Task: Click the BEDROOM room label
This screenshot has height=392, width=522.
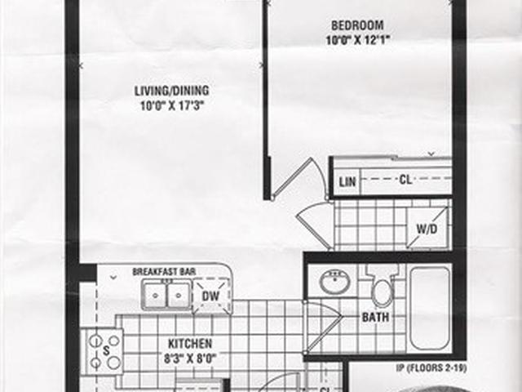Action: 357,25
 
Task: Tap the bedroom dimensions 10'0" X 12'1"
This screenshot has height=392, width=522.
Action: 357,40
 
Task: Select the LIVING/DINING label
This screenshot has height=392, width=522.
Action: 172,91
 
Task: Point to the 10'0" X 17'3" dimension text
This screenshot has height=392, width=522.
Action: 172,106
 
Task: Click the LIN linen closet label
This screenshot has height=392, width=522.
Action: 347,182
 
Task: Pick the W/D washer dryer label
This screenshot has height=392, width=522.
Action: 427,229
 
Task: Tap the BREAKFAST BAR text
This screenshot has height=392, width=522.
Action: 164,272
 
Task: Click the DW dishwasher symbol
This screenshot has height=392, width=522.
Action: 211,296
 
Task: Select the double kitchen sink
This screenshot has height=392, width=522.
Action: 166,295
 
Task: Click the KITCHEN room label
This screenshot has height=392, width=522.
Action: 190,344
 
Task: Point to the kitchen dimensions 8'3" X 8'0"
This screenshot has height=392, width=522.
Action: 190,359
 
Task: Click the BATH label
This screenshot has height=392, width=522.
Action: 375,317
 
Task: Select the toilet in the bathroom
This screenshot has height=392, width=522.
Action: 383,286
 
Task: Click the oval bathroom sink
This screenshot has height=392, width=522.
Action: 334,281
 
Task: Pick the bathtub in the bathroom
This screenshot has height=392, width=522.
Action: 430,309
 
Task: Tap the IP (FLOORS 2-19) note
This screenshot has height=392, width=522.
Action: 431,368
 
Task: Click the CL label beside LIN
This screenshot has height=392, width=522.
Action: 405,180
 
